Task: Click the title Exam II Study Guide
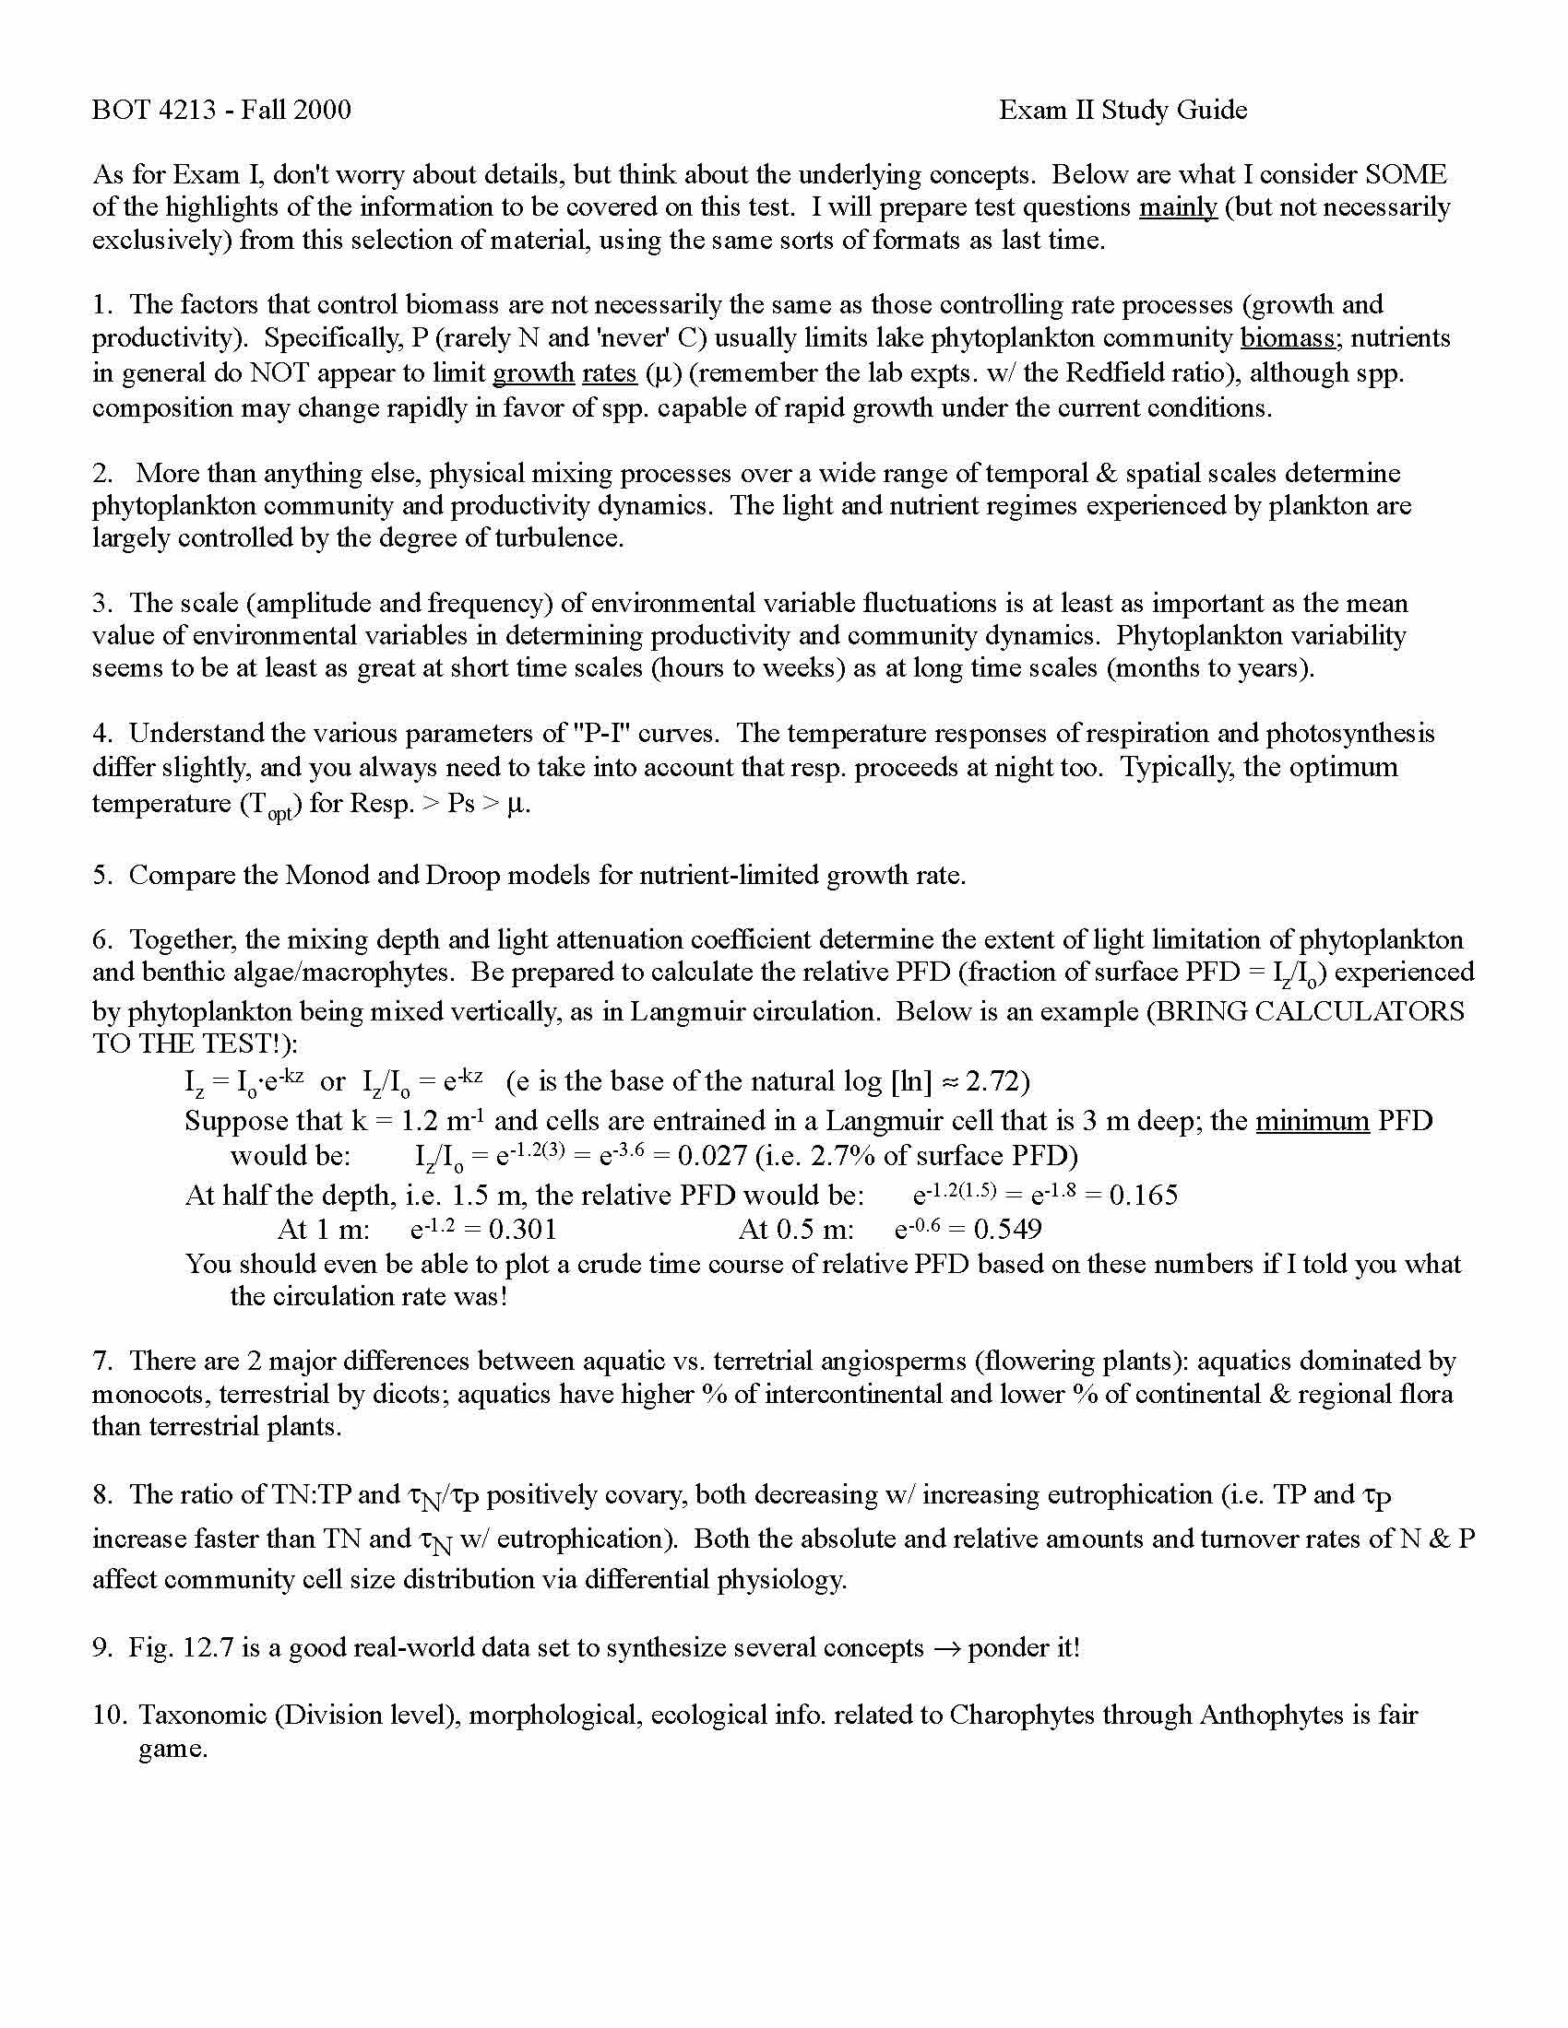(1123, 111)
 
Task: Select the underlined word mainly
(1177, 207)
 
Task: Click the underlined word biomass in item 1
(1288, 338)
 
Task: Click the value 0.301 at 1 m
(522, 1230)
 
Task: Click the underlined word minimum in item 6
(1312, 1122)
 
